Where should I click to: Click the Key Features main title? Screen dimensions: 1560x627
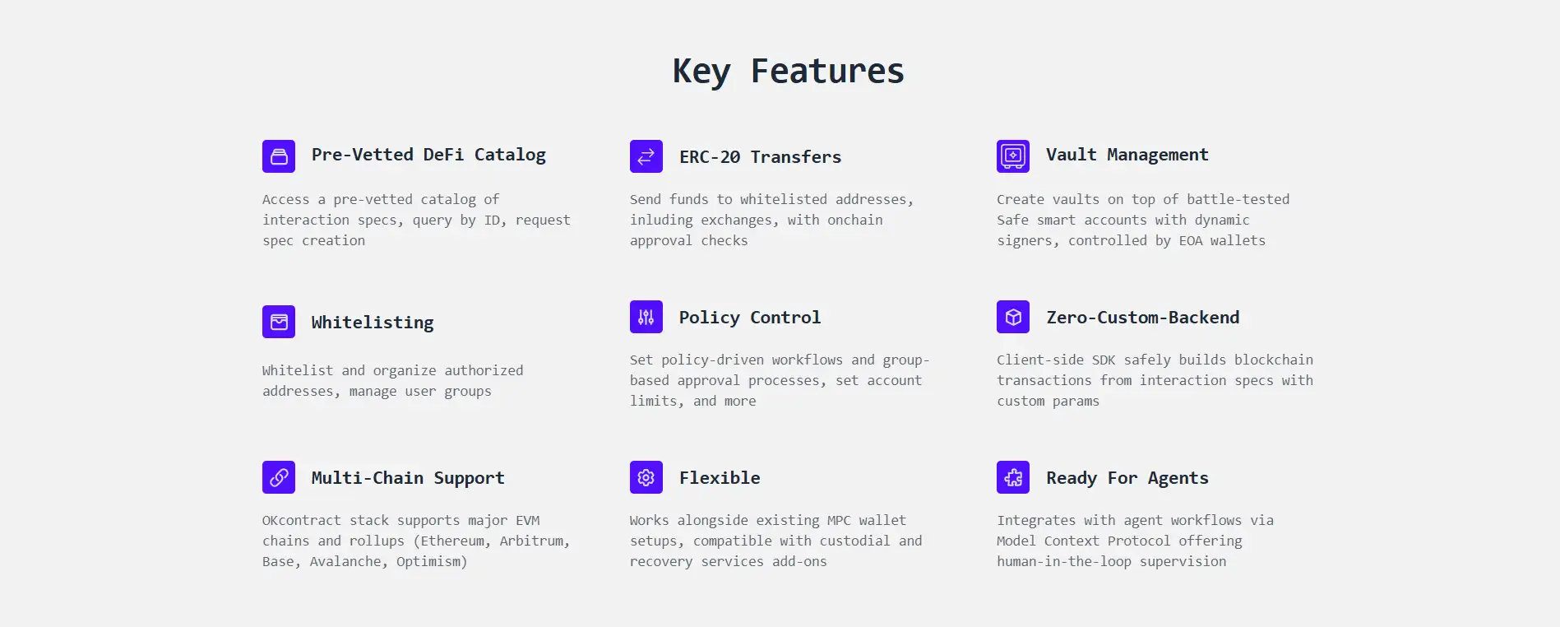pyautogui.click(x=788, y=72)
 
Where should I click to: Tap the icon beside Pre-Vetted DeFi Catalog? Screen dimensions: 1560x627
pyautogui.click(x=279, y=156)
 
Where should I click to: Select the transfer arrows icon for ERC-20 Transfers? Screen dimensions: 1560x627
pyautogui.click(x=646, y=156)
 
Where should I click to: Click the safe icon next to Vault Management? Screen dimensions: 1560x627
pyautogui.click(x=1013, y=156)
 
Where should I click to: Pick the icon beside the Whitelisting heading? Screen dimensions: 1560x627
pyautogui.click(x=279, y=322)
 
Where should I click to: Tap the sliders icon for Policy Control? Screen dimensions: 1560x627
pyautogui.click(x=646, y=317)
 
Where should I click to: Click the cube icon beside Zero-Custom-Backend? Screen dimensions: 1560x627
pyautogui.click(x=1013, y=317)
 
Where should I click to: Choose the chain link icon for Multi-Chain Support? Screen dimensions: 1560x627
pyautogui.click(x=279, y=477)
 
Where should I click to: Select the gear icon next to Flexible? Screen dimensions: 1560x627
pyautogui.click(x=646, y=477)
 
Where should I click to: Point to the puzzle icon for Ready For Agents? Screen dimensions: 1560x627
pyautogui.click(x=1013, y=477)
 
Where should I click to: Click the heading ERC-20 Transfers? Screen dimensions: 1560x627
pyautogui.click(x=761, y=157)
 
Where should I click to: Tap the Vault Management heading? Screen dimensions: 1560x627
pyautogui.click(x=1127, y=155)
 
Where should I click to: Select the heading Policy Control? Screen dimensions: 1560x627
pyautogui.click(x=750, y=318)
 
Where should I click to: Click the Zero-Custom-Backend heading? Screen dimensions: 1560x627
pyautogui.click(x=1143, y=318)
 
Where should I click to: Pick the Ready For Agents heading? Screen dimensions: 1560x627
pyautogui.click(x=1127, y=478)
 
